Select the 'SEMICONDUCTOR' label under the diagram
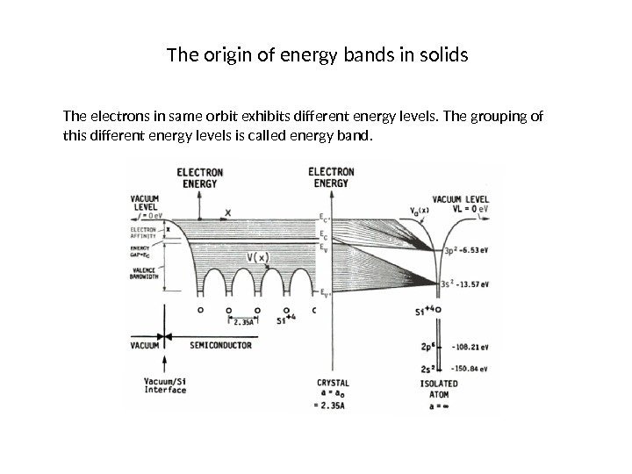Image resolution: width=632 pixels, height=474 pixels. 220,345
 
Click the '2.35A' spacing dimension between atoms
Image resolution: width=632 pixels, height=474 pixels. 241,322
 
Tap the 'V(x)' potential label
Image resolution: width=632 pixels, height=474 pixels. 258,256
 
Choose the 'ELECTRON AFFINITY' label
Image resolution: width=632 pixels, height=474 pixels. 144,232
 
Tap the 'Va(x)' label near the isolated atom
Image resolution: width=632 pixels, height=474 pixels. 418,209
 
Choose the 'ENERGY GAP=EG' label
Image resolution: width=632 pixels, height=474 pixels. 140,251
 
